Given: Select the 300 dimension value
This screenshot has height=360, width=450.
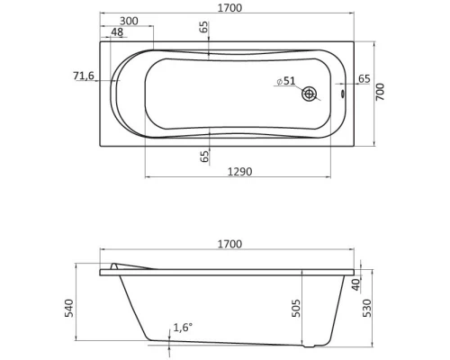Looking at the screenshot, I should (129, 21).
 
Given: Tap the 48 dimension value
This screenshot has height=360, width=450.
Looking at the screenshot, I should (116, 32).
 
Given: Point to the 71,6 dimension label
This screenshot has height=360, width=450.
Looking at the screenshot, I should (84, 76).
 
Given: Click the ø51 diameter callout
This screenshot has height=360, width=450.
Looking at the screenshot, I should (285, 81).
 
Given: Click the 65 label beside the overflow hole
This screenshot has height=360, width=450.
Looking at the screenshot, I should (364, 79).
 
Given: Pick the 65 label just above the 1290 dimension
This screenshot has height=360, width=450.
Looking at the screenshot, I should (204, 156).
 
